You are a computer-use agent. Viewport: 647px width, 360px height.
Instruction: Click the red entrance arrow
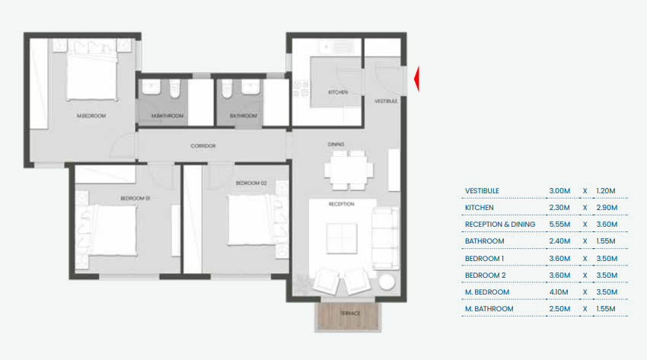coord(417,78)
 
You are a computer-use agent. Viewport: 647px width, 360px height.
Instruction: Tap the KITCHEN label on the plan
coord(338,92)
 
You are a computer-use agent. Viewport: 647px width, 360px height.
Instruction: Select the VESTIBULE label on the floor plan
coord(386,100)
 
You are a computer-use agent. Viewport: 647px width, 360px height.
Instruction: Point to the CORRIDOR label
coord(203,145)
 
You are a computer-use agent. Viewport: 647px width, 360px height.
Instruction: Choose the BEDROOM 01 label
coord(135,199)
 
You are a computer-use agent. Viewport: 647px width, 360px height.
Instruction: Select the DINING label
coord(336,144)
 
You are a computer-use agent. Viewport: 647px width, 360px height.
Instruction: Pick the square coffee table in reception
coord(342,239)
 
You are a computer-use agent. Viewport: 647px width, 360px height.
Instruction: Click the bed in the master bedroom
coord(91,72)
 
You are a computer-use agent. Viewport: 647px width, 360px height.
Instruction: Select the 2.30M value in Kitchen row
coord(558,207)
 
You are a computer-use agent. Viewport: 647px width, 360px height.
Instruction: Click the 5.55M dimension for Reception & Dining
coord(558,225)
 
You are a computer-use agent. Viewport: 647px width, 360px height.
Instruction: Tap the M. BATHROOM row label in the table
coord(488,309)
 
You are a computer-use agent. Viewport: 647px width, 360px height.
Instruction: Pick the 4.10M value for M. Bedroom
coord(558,292)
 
